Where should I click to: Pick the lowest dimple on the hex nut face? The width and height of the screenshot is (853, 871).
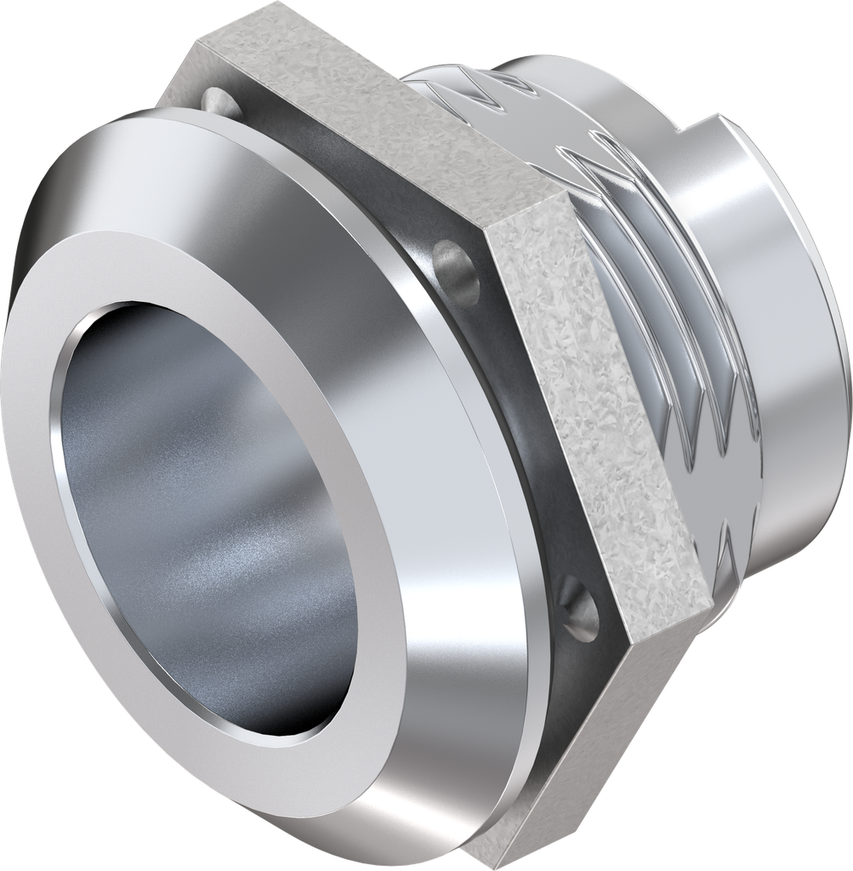pyautogui.click(x=579, y=605)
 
